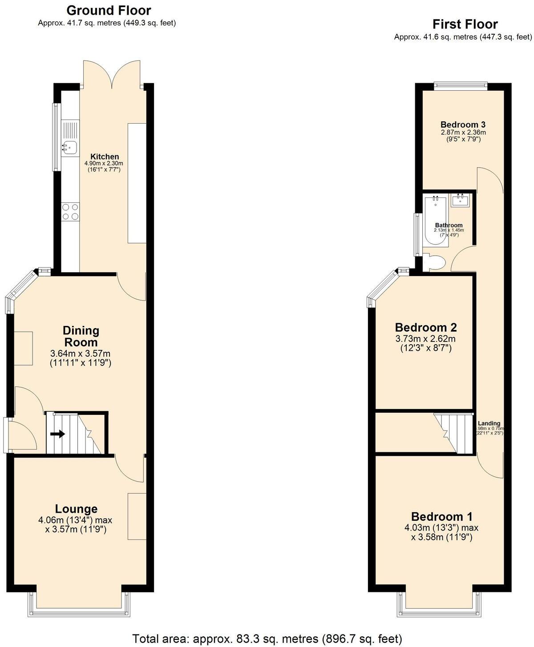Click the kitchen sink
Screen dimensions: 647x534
pyautogui.click(x=69, y=145)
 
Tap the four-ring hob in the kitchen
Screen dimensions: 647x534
pyautogui.click(x=70, y=211)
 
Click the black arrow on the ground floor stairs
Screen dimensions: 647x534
pyautogui.click(x=57, y=434)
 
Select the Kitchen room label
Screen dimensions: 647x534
pyautogui.click(x=105, y=157)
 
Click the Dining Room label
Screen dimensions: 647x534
pyautogui.click(x=81, y=336)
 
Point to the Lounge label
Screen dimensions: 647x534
pyautogui.click(x=76, y=509)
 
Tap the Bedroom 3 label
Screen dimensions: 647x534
pyautogui.click(x=463, y=125)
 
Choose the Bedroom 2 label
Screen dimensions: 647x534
pyautogui.click(x=426, y=328)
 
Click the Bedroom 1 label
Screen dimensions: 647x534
pyautogui.click(x=442, y=517)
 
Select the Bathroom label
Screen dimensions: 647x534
pyautogui.click(x=449, y=225)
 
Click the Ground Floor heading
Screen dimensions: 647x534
pyautogui.click(x=109, y=10)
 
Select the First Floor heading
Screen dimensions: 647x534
pyautogui.click(x=465, y=24)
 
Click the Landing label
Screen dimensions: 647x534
pyautogui.click(x=489, y=423)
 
